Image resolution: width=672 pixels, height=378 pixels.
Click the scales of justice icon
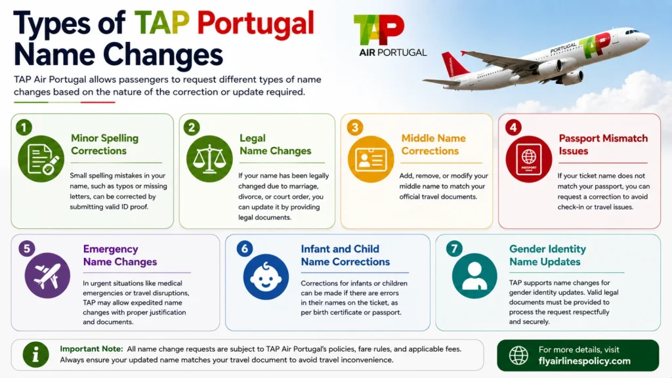coord(209,159)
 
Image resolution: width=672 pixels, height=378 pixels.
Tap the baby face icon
coord(266,276)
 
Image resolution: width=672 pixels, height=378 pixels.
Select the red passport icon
coord(529,159)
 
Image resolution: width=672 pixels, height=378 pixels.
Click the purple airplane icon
coord(47,276)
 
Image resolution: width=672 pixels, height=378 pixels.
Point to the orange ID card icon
coord(371,159)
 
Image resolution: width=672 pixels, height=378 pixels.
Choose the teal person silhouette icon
coord(474,276)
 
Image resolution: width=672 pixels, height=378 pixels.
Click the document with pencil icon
coord(41,159)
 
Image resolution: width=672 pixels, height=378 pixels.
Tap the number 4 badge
coord(513,127)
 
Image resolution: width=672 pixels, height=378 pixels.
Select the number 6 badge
coord(245,249)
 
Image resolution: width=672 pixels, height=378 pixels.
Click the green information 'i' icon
coord(35,354)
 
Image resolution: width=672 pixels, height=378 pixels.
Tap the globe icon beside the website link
coord(518,355)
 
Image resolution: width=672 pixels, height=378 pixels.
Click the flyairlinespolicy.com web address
coord(585,362)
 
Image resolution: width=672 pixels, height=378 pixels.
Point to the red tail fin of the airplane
coord(454,64)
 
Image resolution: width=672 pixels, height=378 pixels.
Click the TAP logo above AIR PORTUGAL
coord(379,30)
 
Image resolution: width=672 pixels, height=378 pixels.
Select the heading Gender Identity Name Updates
coord(547,255)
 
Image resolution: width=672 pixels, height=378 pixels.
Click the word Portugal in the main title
coord(255,24)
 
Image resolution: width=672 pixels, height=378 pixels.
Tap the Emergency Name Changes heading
coord(120,255)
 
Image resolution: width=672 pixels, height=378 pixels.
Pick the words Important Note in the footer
coord(91,349)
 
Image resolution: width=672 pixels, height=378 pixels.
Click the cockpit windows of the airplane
coord(633,31)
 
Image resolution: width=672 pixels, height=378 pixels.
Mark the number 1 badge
coord(24,127)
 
